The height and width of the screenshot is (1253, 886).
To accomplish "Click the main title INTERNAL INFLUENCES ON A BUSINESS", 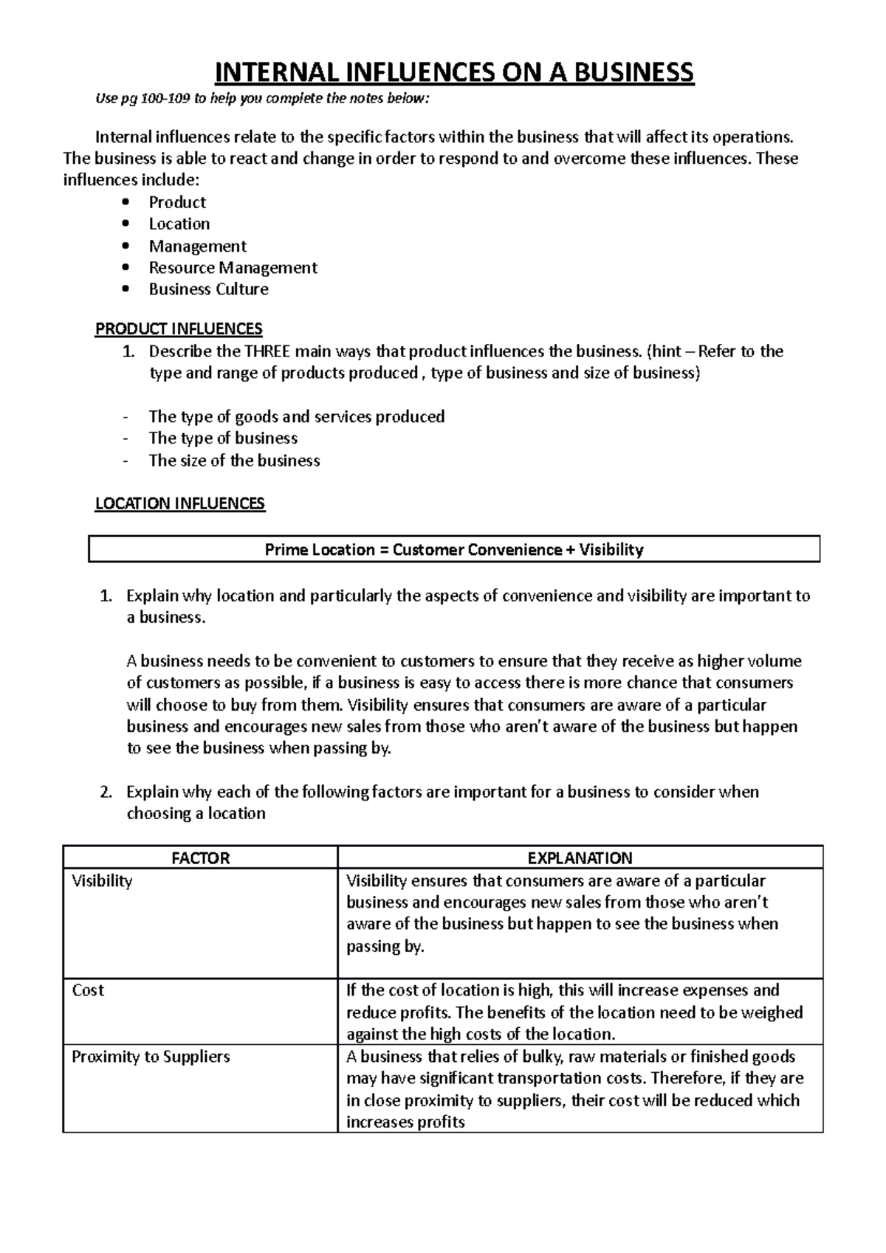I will (x=453, y=72).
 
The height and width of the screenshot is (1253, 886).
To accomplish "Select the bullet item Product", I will (x=177, y=202).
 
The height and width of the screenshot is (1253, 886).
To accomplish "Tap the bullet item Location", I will (x=179, y=224).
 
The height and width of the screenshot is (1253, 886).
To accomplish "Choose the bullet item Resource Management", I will (x=233, y=267).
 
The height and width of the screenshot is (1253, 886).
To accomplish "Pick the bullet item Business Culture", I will (x=208, y=289).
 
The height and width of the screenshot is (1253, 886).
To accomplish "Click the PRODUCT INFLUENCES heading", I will (x=179, y=328).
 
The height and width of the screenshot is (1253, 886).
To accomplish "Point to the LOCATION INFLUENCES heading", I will (x=179, y=504).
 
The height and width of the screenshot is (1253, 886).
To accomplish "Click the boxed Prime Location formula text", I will (x=453, y=550).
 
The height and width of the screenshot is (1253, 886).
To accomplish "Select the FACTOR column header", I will (x=200, y=858).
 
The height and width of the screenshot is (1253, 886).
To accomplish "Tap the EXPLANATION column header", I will (x=580, y=858).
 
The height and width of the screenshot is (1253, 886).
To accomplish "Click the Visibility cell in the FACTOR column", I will (x=102, y=881).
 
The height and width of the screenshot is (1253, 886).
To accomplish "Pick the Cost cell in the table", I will (x=88, y=990).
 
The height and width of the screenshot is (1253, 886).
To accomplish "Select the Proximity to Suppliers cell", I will (x=151, y=1057).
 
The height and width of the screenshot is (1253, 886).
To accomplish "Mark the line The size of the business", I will (x=234, y=460).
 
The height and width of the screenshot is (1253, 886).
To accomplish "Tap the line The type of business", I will (x=223, y=438).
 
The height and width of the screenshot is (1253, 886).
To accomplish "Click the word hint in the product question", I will (x=667, y=351).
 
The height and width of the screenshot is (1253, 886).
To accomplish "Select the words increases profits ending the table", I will (x=405, y=1122).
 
